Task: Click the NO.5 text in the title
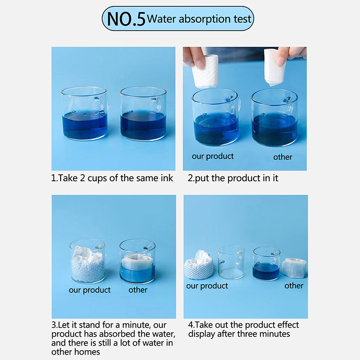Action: click(126, 19)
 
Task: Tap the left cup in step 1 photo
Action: click(85, 113)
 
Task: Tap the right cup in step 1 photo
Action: click(144, 114)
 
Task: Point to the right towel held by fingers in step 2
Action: click(275, 67)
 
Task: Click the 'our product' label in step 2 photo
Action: click(212, 156)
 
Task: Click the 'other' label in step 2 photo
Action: click(283, 157)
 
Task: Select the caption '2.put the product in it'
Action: click(233, 178)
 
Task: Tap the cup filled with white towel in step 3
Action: click(88, 261)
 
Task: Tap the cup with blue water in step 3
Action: click(138, 261)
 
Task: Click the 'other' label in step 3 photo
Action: click(138, 290)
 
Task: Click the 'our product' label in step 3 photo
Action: click(90, 290)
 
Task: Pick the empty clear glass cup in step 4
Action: click(231, 262)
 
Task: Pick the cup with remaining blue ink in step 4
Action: click(266, 263)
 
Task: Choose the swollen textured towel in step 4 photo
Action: click(199, 265)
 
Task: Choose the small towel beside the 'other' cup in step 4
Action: click(294, 268)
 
